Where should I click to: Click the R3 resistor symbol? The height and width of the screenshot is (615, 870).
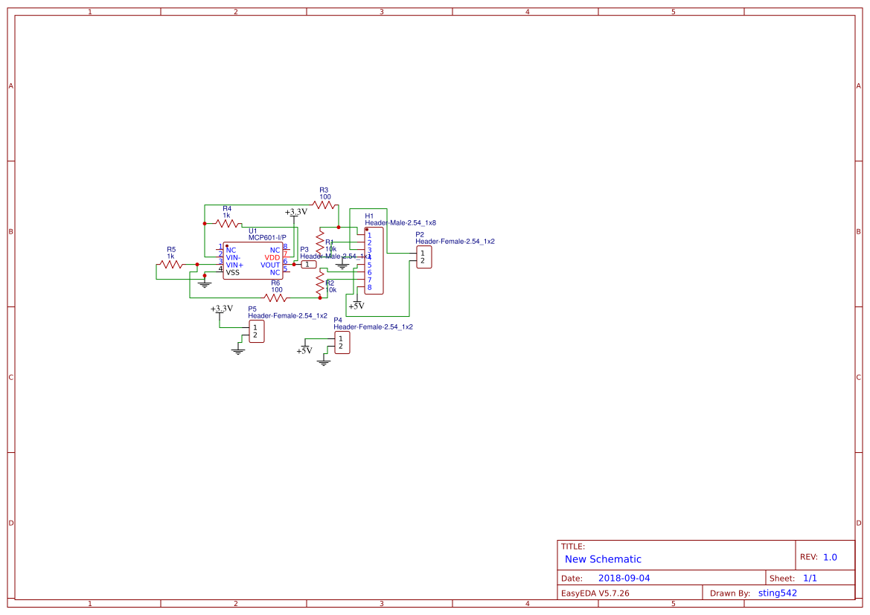point(324,205)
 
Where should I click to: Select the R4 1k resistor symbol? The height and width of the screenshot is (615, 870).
point(228,222)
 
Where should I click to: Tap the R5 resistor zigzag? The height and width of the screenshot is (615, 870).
point(170,264)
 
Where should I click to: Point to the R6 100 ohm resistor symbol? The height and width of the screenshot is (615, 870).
point(275,297)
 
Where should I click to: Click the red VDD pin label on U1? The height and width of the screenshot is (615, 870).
point(272,257)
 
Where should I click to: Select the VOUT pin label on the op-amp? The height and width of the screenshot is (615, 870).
point(270,265)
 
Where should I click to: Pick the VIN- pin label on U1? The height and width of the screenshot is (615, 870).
point(234,257)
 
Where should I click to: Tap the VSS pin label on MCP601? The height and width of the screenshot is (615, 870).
point(233,272)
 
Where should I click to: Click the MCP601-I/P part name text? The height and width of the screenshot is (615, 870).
point(267,238)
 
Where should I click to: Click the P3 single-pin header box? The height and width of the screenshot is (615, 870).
point(309,265)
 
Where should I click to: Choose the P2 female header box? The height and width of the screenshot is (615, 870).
point(423,257)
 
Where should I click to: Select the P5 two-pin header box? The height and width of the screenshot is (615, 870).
point(255,332)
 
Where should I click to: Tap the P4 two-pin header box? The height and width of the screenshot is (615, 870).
point(342,343)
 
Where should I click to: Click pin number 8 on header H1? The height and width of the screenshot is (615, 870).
point(369,287)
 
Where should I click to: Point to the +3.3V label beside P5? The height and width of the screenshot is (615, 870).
point(222,309)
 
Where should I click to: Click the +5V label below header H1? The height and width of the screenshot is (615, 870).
point(356,306)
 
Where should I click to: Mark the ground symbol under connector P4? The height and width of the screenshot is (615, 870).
point(324,362)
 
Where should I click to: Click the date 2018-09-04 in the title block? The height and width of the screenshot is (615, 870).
point(624,578)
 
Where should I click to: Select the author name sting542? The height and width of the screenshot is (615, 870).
point(777,593)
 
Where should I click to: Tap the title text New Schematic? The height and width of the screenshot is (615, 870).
point(603,559)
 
